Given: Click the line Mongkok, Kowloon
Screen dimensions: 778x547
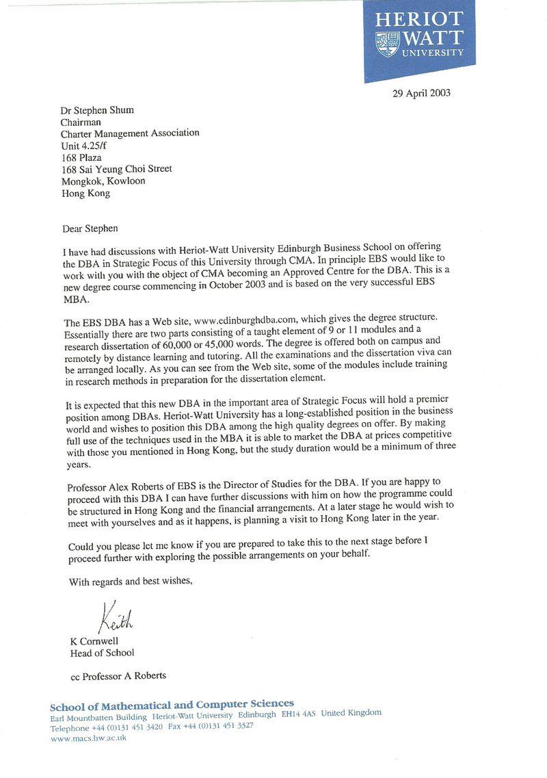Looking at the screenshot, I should (x=103, y=181).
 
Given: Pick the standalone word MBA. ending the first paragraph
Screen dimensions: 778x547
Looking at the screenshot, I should (x=79, y=299).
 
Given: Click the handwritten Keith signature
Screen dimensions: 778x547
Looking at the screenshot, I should (x=115, y=619).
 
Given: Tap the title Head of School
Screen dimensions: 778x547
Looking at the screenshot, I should (x=103, y=653).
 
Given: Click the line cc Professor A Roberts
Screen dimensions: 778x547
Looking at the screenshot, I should (x=118, y=676).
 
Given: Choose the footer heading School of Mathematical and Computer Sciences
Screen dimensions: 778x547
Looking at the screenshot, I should (x=172, y=704).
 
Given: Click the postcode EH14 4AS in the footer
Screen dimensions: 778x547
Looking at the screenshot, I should (x=299, y=714).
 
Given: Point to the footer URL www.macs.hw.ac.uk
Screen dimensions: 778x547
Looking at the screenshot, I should (x=88, y=738).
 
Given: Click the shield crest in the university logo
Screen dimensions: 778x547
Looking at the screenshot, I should (x=387, y=44).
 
